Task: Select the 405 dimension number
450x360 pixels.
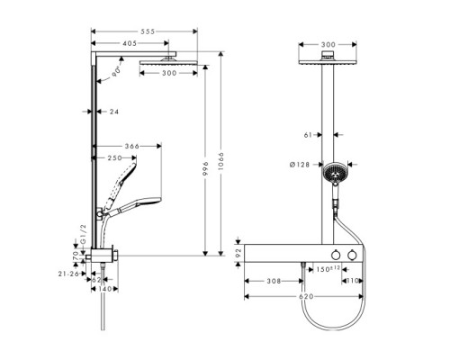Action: tap(130, 42)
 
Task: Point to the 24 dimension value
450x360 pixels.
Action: tap(113, 112)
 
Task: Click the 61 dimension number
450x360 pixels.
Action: tap(308, 135)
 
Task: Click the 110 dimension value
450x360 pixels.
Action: tap(354, 282)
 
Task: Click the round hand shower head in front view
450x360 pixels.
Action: tap(335, 171)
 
